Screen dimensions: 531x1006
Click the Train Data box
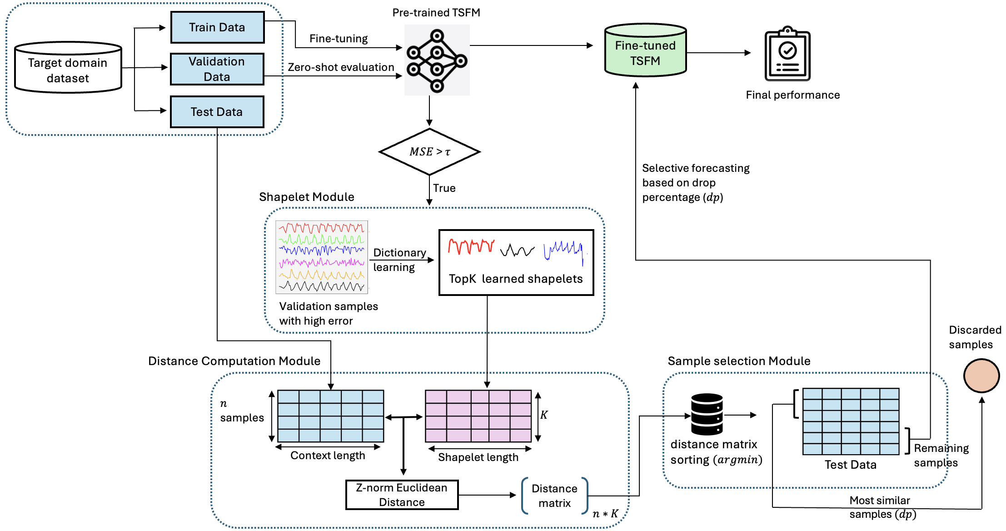(x=217, y=27)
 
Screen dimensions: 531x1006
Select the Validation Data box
(x=217, y=69)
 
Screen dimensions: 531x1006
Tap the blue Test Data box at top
(x=217, y=112)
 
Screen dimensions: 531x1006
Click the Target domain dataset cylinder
(x=68, y=68)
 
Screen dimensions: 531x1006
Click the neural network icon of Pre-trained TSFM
(x=437, y=60)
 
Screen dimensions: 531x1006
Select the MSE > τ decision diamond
(x=429, y=152)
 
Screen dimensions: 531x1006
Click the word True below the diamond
(x=444, y=188)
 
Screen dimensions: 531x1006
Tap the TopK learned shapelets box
(x=516, y=263)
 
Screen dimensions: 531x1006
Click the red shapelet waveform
(x=471, y=246)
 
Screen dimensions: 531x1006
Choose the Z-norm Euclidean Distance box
(x=402, y=495)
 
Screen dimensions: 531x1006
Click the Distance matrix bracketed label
(x=554, y=496)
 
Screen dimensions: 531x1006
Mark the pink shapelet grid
(x=478, y=416)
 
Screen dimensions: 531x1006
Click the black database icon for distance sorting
(x=707, y=414)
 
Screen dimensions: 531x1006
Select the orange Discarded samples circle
(x=981, y=376)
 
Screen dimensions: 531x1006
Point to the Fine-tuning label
(x=339, y=39)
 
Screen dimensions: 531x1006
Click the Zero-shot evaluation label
(x=341, y=67)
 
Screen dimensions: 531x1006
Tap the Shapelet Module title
(x=306, y=197)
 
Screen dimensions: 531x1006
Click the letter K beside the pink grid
(x=544, y=415)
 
